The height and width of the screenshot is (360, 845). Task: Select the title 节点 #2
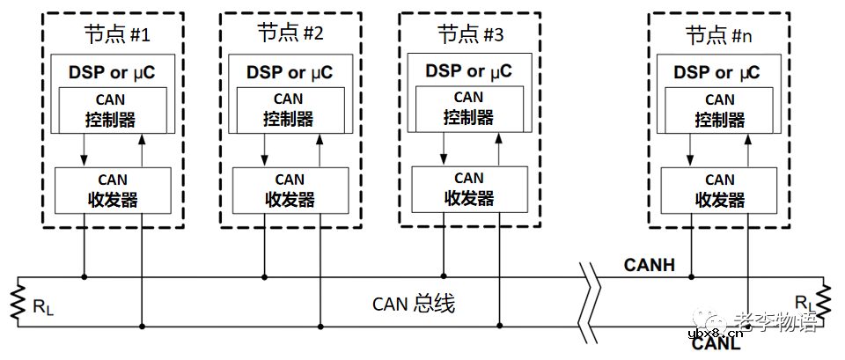point(290,35)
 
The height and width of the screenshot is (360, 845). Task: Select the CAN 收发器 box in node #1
point(113,189)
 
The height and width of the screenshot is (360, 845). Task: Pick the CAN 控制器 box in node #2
point(289,109)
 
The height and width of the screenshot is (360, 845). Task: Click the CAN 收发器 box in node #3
point(468,187)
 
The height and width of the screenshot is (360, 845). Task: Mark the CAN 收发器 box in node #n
point(719,189)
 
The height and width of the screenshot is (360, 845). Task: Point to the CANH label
point(649,264)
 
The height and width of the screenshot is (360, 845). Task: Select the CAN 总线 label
point(413,305)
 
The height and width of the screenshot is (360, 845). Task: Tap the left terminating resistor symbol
point(18,302)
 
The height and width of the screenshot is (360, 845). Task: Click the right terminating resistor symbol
point(825,302)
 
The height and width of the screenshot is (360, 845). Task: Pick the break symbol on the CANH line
point(587,277)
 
